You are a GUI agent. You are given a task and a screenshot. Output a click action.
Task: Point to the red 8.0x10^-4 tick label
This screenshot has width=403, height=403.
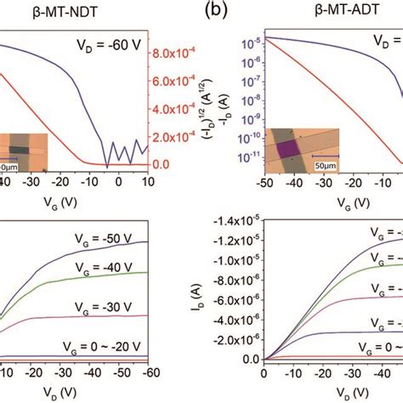[179, 52]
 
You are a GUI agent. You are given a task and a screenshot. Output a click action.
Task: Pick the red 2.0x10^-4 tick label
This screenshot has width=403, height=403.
[179, 137]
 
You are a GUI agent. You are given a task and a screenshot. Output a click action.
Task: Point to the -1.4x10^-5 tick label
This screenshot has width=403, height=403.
[237, 221]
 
